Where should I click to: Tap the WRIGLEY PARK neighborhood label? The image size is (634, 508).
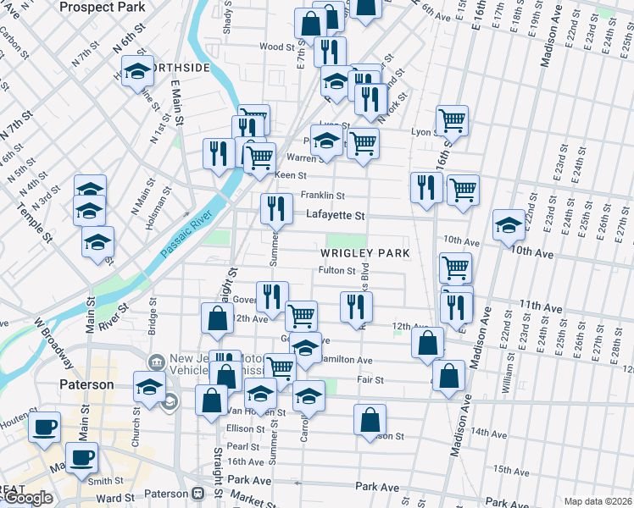point(364,253)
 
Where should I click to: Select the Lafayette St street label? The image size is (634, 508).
point(335,216)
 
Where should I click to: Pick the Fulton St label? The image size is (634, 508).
point(336,271)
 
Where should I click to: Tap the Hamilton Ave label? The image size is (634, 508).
point(348,360)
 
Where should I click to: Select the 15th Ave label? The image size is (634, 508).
point(511,469)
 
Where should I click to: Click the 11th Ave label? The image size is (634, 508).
point(542,304)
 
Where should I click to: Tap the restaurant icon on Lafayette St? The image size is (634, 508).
point(275,208)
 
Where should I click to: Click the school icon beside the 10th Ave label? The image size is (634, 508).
point(509,224)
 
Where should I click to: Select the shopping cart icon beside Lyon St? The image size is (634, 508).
point(452,119)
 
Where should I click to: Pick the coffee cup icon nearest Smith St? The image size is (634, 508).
point(82,459)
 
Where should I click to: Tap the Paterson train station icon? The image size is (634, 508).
point(198,493)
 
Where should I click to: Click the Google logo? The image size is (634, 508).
point(28,499)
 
